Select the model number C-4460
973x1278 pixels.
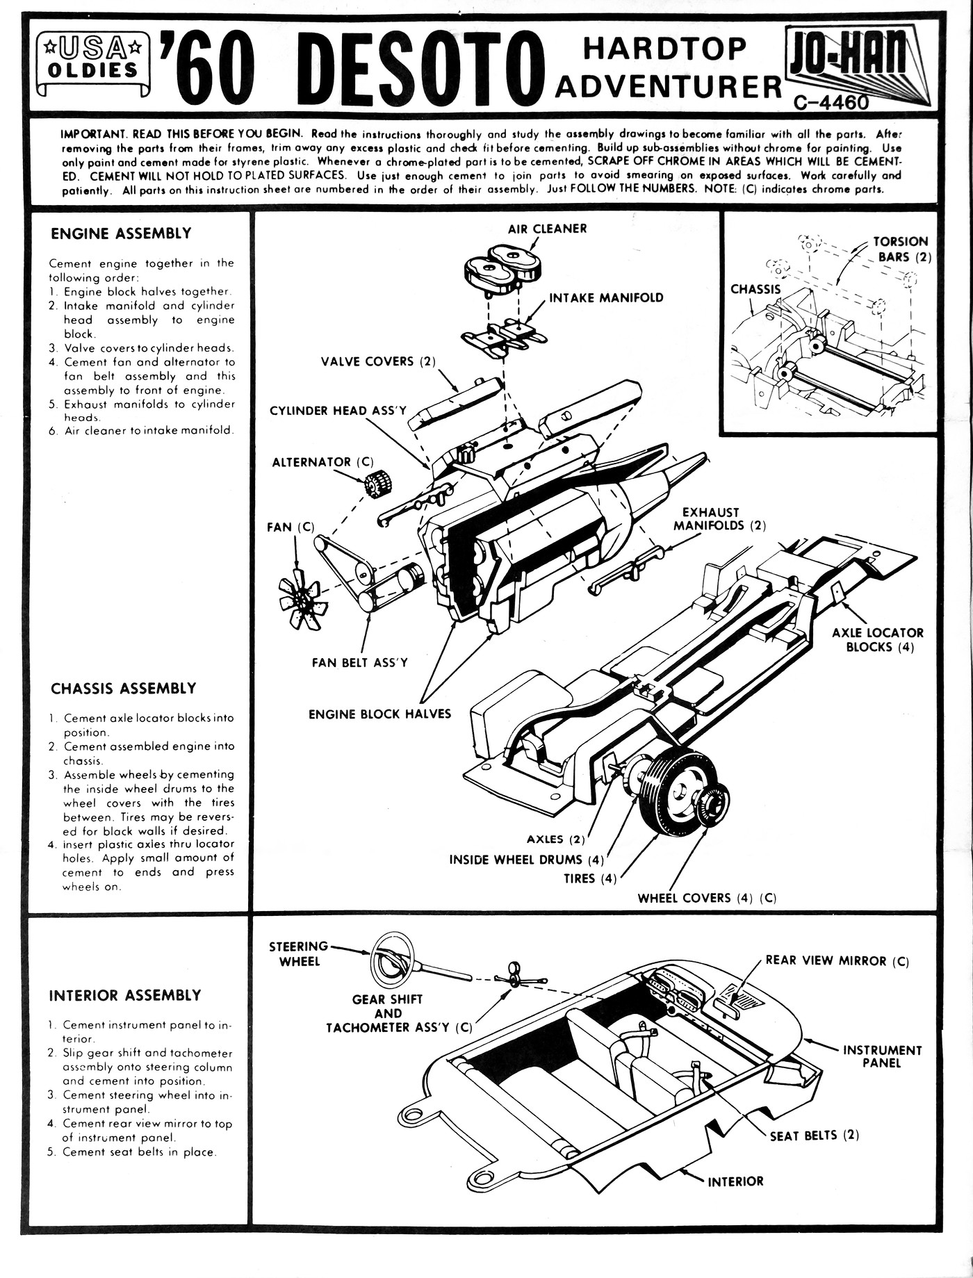click(831, 103)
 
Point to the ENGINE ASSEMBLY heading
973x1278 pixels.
click(121, 234)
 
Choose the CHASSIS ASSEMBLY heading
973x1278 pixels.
click(124, 689)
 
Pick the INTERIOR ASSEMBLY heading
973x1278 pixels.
click(125, 995)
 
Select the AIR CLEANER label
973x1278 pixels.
click(547, 229)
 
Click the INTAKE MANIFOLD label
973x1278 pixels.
click(606, 298)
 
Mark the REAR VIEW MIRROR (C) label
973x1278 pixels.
click(837, 961)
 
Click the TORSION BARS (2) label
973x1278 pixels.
click(901, 249)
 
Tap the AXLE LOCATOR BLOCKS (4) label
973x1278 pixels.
click(878, 639)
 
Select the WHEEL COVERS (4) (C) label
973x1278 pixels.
click(707, 898)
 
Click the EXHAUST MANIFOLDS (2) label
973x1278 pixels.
click(719, 518)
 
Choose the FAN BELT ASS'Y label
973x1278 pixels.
click(359, 662)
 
